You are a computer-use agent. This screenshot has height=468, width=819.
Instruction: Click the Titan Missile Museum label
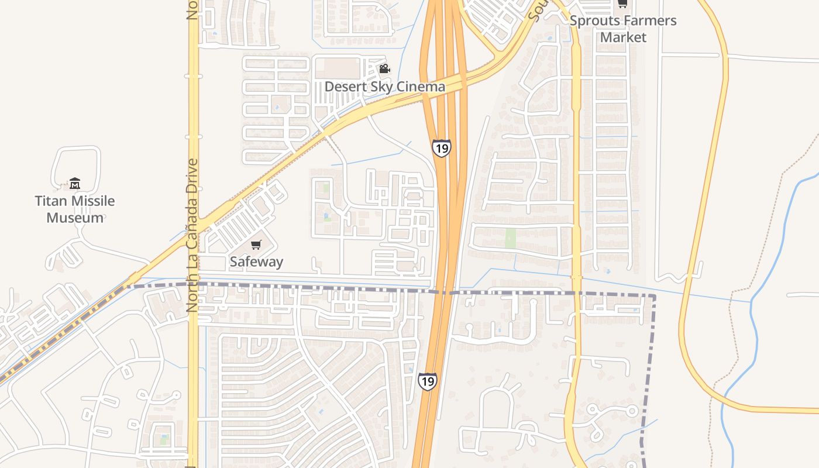(x=75, y=209)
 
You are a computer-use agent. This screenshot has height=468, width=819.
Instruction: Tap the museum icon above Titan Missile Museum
(x=75, y=184)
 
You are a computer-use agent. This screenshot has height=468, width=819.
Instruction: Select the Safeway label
(x=256, y=261)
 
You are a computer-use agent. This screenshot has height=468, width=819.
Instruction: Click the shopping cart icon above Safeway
(x=256, y=245)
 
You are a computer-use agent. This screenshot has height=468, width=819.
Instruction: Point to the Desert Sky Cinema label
(x=384, y=87)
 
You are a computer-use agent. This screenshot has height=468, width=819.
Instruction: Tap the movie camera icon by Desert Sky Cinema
(x=384, y=69)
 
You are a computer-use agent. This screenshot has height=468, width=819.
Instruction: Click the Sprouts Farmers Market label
(x=623, y=29)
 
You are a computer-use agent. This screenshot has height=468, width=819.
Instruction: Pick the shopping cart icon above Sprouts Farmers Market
(x=622, y=4)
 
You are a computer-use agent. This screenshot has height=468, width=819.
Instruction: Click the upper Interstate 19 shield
(x=442, y=148)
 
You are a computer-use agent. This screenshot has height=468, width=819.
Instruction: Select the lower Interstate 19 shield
(x=427, y=382)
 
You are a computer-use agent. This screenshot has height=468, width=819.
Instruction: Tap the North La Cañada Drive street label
(x=192, y=235)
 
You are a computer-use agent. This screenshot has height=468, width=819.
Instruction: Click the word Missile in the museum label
(x=90, y=201)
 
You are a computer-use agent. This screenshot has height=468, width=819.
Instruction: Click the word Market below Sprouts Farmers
(x=624, y=37)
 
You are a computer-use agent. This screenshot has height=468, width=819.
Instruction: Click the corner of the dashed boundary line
(x=653, y=297)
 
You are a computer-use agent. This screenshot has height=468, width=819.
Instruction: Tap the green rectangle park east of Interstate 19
(x=511, y=238)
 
